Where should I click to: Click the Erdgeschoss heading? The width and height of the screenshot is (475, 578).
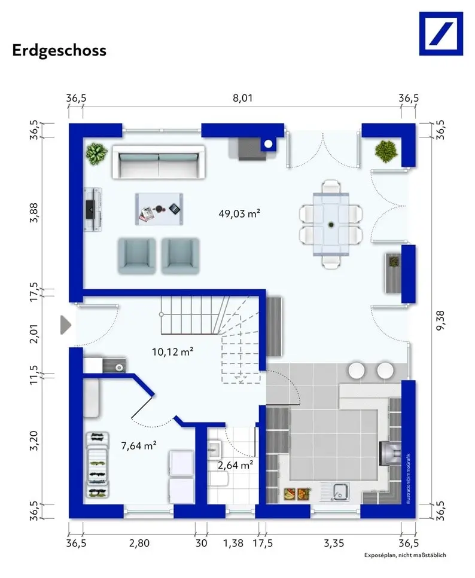coord(59,50)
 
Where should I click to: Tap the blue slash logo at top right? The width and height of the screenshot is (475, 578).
coord(441,33)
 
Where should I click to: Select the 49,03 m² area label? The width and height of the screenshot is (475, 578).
coord(239,213)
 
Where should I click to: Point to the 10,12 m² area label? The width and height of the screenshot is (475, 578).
coord(173,351)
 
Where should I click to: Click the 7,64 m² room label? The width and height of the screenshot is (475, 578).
coord(139,445)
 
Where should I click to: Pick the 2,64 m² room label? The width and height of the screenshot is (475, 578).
coord(236,465)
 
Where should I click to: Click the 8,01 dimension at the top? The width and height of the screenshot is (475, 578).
coord(242,98)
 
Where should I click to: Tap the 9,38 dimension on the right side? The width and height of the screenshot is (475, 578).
coord(441,320)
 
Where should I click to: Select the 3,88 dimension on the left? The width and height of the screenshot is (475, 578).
coord(34,213)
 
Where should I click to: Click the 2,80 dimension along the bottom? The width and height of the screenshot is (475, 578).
coord(139,543)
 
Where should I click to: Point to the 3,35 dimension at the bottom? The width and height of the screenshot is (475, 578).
coord(334,543)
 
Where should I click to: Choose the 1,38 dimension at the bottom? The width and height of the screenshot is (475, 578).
coord(233,543)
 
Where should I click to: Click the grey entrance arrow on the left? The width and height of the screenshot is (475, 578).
coord(65,325)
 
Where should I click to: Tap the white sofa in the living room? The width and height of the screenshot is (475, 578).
coord(159,162)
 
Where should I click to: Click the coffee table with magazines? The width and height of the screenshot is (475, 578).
coord(159,209)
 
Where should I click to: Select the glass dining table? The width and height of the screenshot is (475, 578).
coord(331,224)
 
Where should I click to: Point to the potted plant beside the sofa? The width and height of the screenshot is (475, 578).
coord(97,154)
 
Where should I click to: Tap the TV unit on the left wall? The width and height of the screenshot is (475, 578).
coord(93,209)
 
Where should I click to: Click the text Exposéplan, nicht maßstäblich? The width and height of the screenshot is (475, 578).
coord(405,555)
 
